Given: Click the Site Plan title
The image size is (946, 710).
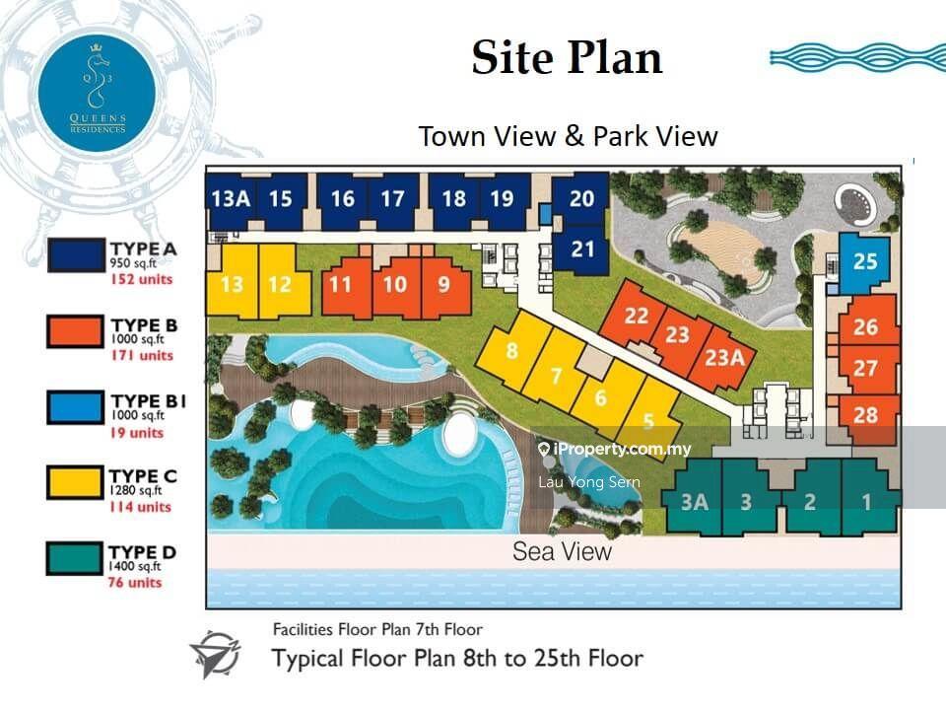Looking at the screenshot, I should [567, 57].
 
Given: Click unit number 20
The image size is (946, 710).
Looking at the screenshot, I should [582, 198].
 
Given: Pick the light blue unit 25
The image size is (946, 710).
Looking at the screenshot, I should [864, 262].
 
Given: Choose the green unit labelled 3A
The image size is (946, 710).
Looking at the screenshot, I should [695, 501].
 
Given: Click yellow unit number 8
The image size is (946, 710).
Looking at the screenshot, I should [511, 350].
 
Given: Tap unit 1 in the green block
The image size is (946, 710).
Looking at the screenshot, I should [866, 501].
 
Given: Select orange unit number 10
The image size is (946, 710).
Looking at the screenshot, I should [394, 285].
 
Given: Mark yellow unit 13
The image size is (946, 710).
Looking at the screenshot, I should [233, 285].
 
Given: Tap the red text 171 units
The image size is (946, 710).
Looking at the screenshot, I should [141, 355].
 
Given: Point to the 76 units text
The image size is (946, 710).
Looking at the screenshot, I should [135, 582].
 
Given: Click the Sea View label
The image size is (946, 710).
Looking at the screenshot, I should [562, 551].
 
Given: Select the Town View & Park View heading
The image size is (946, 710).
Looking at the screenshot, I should [568, 136].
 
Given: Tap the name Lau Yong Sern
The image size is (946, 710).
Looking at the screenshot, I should [589, 482].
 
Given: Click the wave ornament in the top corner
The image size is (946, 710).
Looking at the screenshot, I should [855, 57].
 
